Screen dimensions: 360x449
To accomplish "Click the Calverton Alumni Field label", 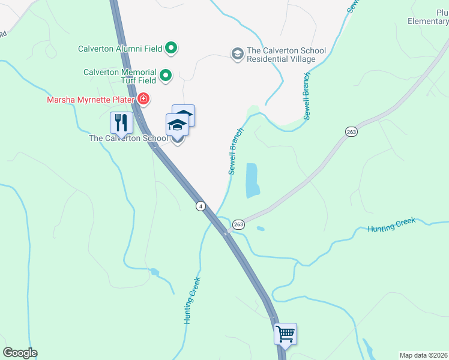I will [x=121, y=49].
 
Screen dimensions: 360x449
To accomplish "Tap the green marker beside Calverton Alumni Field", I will [x=171, y=48].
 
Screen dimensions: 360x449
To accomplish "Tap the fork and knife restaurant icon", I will [x=121, y=124].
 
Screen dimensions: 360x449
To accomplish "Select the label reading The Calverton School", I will [x=128, y=138].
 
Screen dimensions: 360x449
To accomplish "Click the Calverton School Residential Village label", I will [x=282, y=55].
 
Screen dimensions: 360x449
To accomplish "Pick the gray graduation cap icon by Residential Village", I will [x=238, y=55].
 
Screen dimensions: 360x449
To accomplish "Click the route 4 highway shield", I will [x=200, y=206].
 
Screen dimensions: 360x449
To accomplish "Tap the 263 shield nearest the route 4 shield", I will [x=238, y=224].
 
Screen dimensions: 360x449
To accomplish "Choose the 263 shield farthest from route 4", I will [x=351, y=131].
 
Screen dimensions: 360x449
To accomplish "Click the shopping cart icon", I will [x=286, y=333].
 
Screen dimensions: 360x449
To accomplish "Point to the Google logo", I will [x=20, y=353].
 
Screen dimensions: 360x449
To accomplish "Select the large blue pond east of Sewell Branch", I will [x=252, y=181].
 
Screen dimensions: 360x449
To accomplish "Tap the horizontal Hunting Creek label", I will [x=391, y=226].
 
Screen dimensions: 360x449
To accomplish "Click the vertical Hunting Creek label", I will [x=191, y=301].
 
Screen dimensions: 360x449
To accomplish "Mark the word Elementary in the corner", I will [x=427, y=22].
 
